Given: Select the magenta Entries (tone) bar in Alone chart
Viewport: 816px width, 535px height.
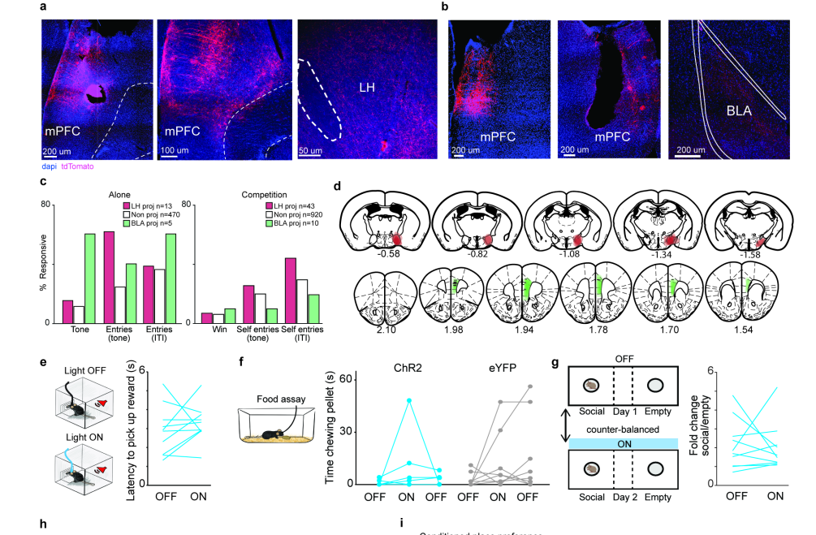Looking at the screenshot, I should (109, 277).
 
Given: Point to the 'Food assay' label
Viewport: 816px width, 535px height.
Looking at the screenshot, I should (281, 399).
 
